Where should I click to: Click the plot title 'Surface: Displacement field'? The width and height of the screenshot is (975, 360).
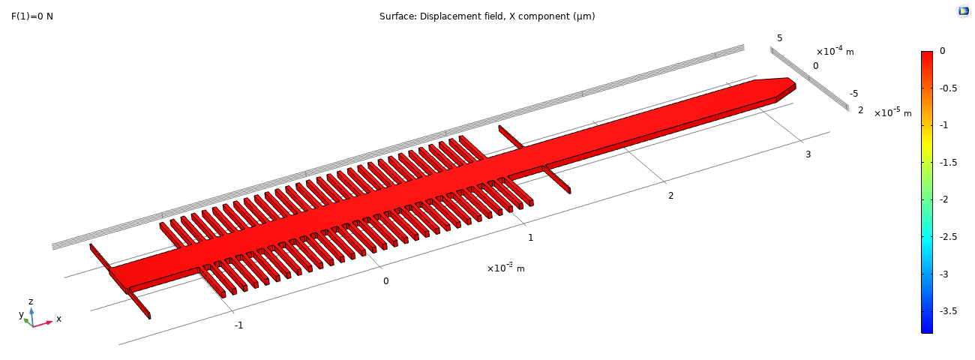point(487,16)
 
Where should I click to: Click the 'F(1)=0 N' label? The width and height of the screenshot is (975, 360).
point(32,16)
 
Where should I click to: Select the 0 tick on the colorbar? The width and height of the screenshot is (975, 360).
point(942,51)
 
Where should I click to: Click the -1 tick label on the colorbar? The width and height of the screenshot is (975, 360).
point(943,125)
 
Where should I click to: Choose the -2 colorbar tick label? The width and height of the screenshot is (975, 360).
point(943,199)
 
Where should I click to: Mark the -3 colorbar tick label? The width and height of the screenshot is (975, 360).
point(943,274)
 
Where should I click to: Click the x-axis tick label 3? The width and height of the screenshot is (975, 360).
point(808,154)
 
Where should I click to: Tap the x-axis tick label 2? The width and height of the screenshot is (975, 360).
point(670,196)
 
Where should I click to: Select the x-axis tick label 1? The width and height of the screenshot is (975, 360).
point(530,238)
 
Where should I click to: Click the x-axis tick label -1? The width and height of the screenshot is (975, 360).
point(238,325)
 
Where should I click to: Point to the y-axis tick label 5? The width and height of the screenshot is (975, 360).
point(779,38)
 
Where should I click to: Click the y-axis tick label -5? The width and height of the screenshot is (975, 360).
point(853,94)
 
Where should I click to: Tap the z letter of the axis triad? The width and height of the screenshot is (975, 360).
point(31,301)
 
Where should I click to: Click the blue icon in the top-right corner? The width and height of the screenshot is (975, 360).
point(963,10)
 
